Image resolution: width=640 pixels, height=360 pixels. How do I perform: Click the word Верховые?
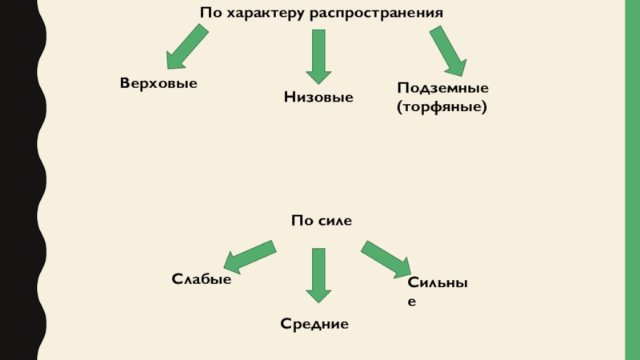(158, 83)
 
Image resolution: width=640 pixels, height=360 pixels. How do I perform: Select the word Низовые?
(318, 97)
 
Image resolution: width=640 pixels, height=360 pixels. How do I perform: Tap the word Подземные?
(442, 88)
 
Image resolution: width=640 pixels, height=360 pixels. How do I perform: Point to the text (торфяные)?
(442, 105)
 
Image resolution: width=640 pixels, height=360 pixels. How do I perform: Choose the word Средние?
(314, 324)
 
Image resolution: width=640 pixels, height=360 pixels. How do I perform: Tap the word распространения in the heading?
(374, 14)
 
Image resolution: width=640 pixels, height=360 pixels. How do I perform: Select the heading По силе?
(322, 219)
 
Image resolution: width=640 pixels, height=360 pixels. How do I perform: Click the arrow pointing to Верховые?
(186, 46)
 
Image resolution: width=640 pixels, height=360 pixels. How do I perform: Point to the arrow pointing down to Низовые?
(318, 56)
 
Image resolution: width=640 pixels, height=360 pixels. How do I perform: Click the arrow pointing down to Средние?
(318, 274)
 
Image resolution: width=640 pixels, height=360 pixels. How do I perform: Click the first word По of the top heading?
(210, 14)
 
